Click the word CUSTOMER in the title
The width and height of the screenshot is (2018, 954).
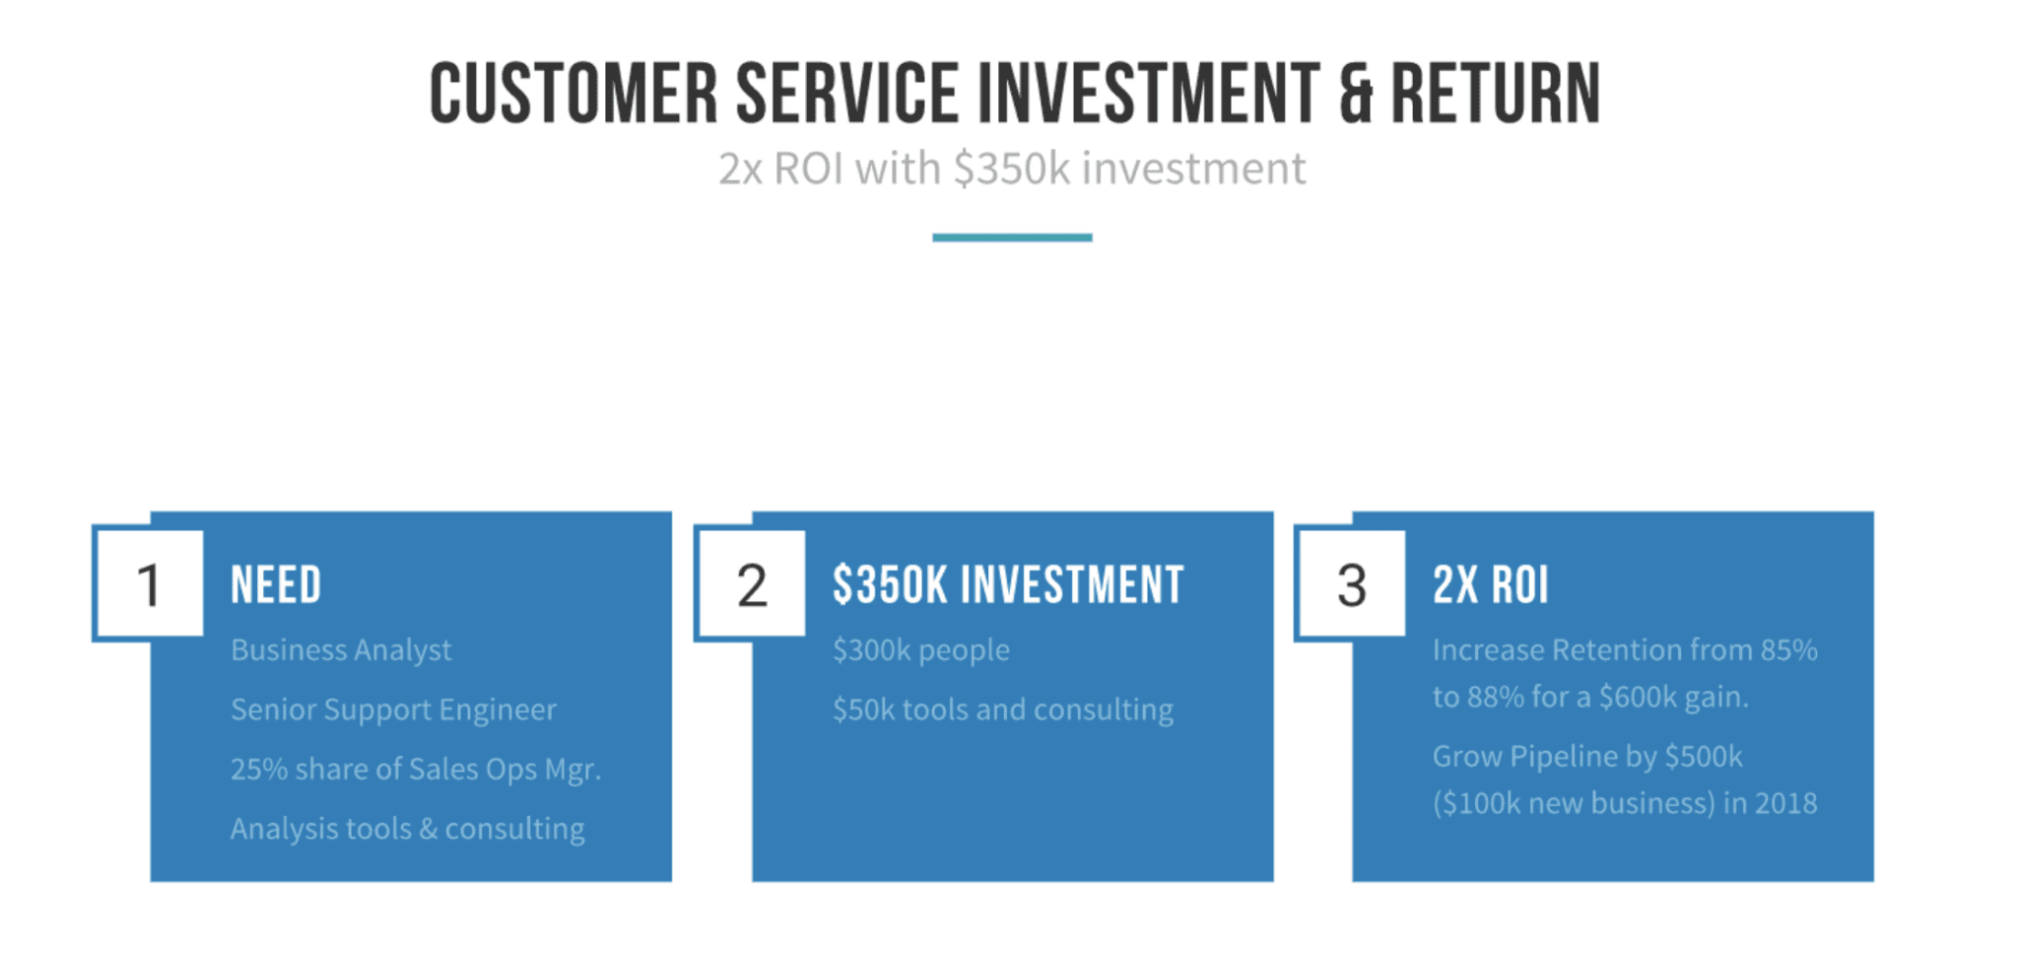(573, 94)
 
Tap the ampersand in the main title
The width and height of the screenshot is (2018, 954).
(1356, 94)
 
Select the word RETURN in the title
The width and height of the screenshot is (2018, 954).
(1495, 94)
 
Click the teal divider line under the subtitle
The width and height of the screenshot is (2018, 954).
(1012, 238)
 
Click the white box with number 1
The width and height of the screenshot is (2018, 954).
(149, 584)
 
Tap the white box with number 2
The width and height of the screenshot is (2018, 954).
(751, 584)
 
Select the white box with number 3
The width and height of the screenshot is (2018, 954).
(1351, 584)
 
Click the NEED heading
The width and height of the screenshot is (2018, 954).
(276, 584)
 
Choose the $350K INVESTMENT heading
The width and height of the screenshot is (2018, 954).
(1008, 584)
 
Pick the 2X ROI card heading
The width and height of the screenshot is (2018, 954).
(1490, 584)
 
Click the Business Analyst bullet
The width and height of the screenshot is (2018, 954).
(341, 650)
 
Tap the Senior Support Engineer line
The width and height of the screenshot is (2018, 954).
(393, 710)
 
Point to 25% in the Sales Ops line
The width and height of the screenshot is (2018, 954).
(258, 769)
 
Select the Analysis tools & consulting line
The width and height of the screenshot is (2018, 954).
(408, 829)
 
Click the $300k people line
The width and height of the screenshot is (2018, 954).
(921, 650)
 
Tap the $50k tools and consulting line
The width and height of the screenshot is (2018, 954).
(1003, 710)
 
